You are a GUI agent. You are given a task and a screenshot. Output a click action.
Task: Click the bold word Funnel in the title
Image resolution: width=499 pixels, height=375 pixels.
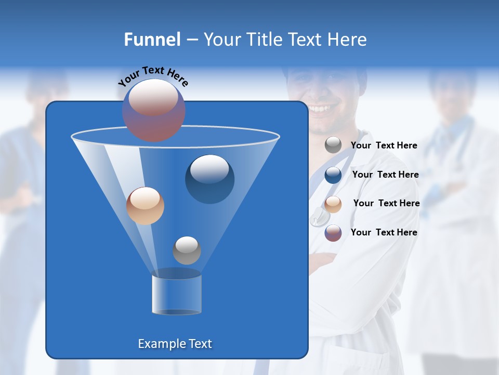152,40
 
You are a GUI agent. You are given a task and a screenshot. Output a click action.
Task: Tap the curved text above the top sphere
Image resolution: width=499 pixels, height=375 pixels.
153,76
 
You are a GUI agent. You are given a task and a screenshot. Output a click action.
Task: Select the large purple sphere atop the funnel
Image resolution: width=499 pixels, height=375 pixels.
154,110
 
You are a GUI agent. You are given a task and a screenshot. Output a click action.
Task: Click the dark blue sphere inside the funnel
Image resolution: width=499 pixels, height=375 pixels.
210,179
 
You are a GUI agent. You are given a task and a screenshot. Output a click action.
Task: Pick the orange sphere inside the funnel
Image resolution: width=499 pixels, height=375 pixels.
145,206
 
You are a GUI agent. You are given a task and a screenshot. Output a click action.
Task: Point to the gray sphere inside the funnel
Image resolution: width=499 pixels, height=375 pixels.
187,251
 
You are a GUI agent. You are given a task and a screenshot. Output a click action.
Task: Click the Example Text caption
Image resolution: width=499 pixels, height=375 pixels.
175,344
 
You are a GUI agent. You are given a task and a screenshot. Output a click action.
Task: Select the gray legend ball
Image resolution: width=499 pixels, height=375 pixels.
333,145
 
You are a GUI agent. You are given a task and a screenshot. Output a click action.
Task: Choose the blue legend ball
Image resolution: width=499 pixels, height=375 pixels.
333,174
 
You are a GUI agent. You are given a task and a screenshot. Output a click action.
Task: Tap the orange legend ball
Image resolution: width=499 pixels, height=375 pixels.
333,204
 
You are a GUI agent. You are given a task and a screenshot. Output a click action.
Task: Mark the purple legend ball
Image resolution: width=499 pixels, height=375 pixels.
333,233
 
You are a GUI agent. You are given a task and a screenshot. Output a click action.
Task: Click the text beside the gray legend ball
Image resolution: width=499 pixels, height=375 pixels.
384,146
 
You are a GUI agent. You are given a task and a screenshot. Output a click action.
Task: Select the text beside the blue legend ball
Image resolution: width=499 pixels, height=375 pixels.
385,175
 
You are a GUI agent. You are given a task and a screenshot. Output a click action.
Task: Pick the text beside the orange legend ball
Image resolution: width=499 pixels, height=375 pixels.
386,204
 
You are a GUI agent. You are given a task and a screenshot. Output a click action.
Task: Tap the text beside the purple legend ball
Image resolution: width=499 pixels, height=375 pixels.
384,232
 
